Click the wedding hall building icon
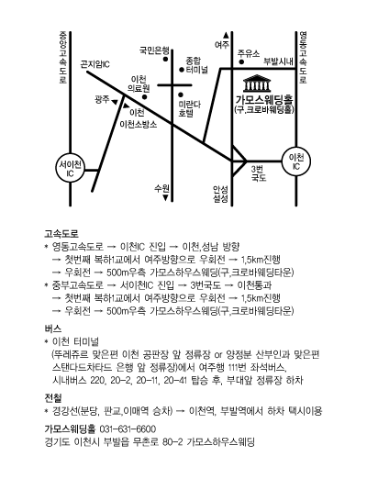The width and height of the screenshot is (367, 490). point(257,84)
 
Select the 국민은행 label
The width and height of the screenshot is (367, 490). point(154,50)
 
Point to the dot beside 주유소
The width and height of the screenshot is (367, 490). point(241,61)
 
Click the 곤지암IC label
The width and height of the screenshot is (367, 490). point(95,64)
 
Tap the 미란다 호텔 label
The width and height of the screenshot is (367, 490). point(189,108)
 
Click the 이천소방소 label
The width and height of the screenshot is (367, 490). point(139,125)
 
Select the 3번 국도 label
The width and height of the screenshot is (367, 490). point(259,173)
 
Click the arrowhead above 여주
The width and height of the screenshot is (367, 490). point(226,35)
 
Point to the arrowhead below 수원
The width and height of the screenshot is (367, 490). point(165,198)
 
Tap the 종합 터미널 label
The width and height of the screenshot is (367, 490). point(196,65)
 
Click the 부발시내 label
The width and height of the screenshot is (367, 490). point(278,61)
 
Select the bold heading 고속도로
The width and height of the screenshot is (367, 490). point(61,234)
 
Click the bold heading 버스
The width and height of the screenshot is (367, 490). point(53,329)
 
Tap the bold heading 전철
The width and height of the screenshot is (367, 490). point(53,398)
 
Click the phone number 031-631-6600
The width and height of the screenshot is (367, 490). point(128,429)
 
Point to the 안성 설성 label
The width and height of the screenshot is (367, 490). point(220,194)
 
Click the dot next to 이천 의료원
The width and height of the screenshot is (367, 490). point(144,97)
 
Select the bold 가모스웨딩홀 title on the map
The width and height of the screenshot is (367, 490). point(264,100)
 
